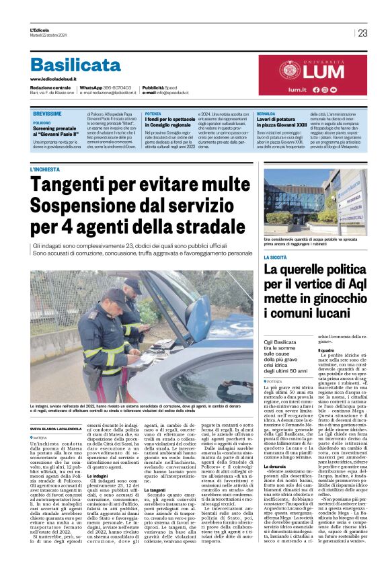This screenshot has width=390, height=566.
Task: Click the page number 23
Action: (x=362, y=33)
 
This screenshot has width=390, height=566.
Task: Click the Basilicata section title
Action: (x=75, y=65)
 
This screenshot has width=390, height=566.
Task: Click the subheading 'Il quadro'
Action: (x=326, y=351)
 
